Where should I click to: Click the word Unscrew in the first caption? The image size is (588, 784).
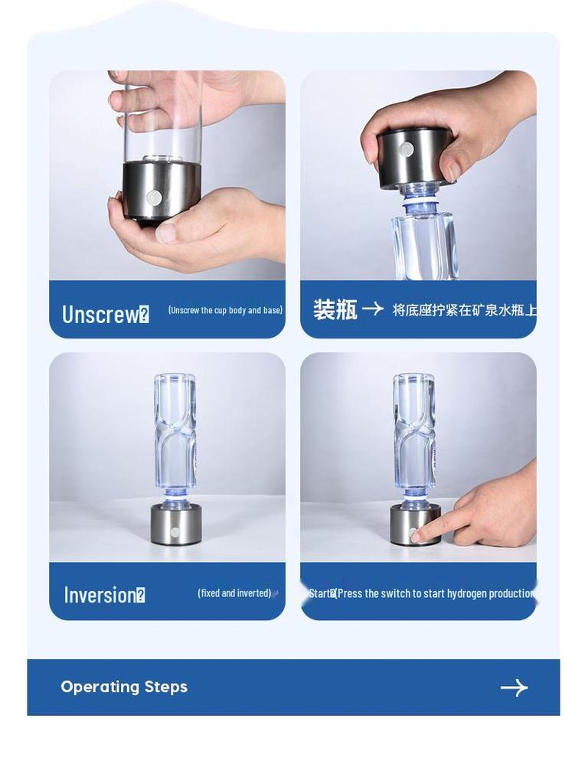tap(100, 314)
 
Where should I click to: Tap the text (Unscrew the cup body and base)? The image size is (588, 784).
tap(225, 310)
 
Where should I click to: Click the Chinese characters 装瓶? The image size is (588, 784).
tap(335, 309)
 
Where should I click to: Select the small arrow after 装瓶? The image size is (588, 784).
tap(373, 309)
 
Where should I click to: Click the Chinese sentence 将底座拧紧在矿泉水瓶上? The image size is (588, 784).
tap(464, 310)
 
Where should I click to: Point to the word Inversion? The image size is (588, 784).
tap(100, 595)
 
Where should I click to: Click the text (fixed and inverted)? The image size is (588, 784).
tap(234, 593)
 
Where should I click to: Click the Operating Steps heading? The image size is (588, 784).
tap(124, 687)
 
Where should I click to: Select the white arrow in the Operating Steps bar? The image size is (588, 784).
tap(514, 688)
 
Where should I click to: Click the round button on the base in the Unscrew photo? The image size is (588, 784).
tap(154, 198)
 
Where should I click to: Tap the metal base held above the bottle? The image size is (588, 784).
tap(414, 157)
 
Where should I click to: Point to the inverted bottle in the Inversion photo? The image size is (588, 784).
tap(175, 433)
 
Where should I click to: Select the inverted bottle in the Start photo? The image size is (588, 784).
tap(414, 433)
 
